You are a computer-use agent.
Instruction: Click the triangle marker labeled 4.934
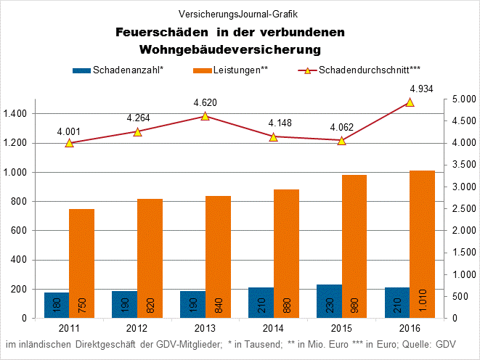[x=410, y=102]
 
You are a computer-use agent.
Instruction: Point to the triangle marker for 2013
[x=205, y=116]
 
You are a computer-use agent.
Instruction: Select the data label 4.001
[x=69, y=131]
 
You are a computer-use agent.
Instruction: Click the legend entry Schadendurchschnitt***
[x=359, y=70]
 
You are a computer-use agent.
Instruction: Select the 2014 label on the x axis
[x=273, y=328]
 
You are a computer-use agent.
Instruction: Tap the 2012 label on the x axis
[x=137, y=328]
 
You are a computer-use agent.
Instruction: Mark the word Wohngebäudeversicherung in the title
[x=230, y=49]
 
